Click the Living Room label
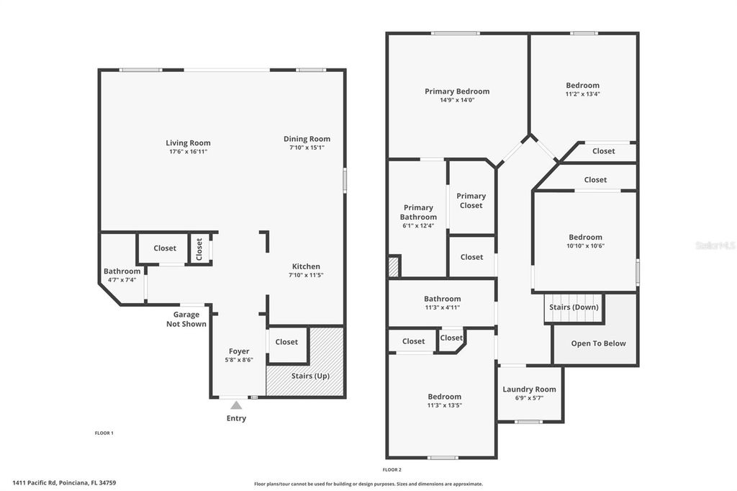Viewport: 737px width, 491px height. click(x=188, y=143)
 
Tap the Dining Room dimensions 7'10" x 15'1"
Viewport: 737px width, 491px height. click(x=307, y=148)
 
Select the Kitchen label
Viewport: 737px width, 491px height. click(x=306, y=266)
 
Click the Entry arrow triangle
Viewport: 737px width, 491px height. click(x=236, y=405)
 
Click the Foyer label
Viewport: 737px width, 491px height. click(x=239, y=351)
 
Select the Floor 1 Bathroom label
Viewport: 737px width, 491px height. click(x=122, y=271)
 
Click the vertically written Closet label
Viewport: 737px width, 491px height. click(x=199, y=248)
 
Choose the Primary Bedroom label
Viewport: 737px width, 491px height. click(x=457, y=91)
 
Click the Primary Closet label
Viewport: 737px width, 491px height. click(x=471, y=200)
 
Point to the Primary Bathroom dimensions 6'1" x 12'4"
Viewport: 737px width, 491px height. click(x=418, y=226)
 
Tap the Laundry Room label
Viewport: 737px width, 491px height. click(x=529, y=389)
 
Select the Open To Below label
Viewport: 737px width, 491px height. click(x=598, y=343)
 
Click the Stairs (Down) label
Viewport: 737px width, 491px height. click(x=574, y=307)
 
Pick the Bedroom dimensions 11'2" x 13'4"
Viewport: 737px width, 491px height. click(x=582, y=94)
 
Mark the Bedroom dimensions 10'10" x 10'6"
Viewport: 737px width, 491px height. click(x=585, y=245)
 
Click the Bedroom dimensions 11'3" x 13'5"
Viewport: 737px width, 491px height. click(x=444, y=405)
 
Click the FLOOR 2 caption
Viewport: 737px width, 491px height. click(x=392, y=469)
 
